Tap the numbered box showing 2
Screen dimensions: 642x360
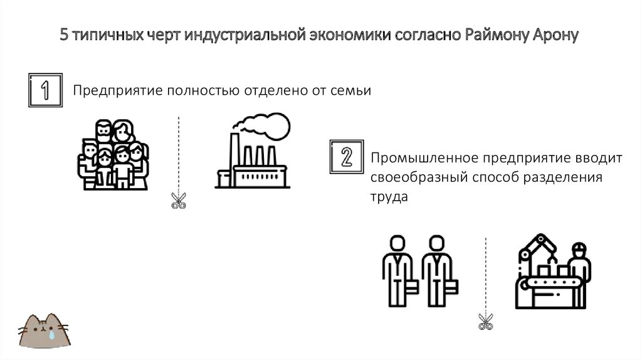pyautogui.click(x=345, y=157)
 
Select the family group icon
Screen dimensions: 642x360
pyautogui.click(x=113, y=154)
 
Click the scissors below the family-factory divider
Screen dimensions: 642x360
pyautogui.click(x=179, y=200)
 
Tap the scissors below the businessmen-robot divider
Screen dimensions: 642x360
pyautogui.click(x=485, y=322)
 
